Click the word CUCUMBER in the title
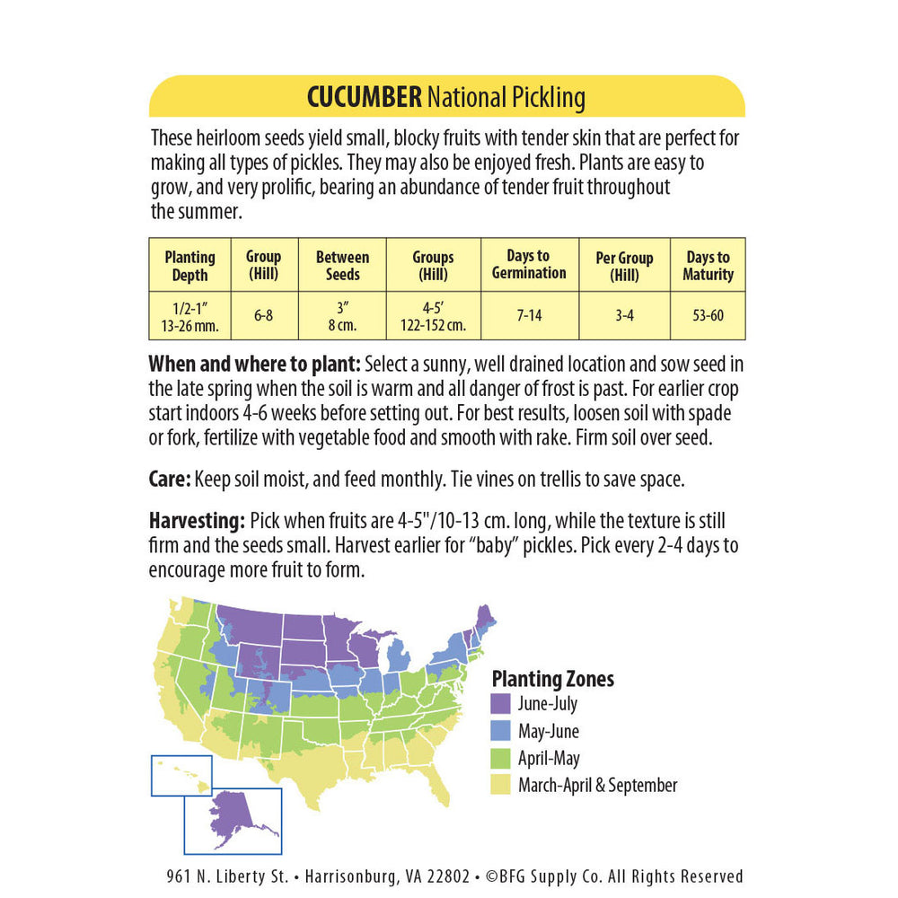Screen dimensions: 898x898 click(x=364, y=97)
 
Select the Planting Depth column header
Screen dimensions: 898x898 click(x=189, y=266)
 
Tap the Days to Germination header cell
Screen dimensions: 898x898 click(x=529, y=264)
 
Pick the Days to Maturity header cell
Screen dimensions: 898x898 click(x=708, y=266)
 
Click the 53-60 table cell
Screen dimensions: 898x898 click(x=708, y=316)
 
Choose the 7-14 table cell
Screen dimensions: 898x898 click(x=529, y=316)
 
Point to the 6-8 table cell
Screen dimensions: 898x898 click(x=263, y=316)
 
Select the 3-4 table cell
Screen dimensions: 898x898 click(x=624, y=316)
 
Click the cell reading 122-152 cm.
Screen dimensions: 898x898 click(x=433, y=325)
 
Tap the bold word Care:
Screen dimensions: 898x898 click(x=170, y=480)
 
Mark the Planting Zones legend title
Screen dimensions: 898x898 click(x=552, y=679)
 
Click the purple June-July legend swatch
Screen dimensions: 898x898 click(x=501, y=704)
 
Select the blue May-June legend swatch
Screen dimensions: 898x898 click(x=501, y=731)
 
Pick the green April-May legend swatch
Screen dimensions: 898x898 click(x=501, y=758)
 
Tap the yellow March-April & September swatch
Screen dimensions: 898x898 click(x=501, y=785)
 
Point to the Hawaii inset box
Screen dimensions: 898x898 click(x=181, y=775)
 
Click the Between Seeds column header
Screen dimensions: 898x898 click(x=342, y=266)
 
